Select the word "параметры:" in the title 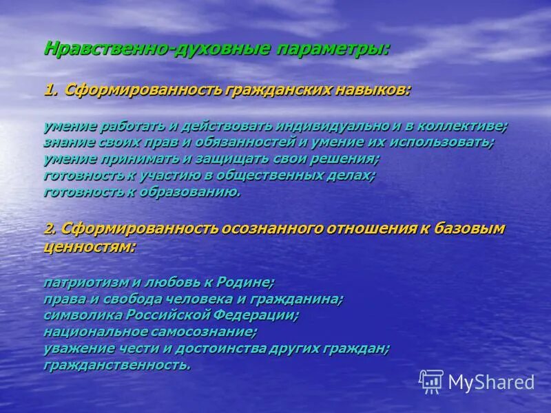tap(333, 50)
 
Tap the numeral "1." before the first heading tap(52, 91)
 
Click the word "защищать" tap(207, 159)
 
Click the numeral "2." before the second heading tap(51, 229)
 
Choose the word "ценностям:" tap(90, 246)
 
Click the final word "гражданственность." tap(116, 365)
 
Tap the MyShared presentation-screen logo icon tap(431, 381)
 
